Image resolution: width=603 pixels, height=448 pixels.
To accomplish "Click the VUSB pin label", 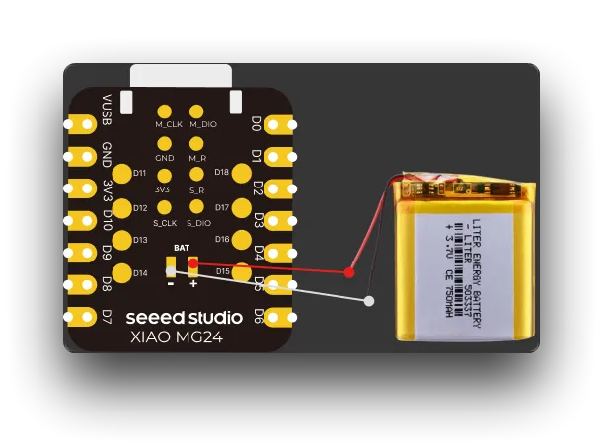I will pyautogui.click(x=107, y=109).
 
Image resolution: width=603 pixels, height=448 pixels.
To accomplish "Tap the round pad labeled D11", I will pyautogui.click(x=122, y=175).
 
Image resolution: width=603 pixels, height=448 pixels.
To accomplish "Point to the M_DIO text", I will pyautogui.click(x=202, y=125).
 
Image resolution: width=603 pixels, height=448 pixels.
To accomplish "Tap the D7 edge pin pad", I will pyautogui.click(x=73, y=317).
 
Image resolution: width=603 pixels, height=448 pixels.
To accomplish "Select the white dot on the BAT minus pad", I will pyautogui.click(x=171, y=268).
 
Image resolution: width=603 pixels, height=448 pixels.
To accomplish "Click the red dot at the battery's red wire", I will pyautogui.click(x=349, y=271).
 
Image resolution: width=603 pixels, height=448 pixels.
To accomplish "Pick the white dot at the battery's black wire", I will pyautogui.click(x=368, y=300).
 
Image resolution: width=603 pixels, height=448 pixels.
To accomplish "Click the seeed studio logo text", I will pyautogui.click(x=185, y=318).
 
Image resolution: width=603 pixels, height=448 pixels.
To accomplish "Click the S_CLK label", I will pyautogui.click(x=165, y=223).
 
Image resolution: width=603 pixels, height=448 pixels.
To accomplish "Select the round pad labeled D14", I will pyautogui.click(x=122, y=272).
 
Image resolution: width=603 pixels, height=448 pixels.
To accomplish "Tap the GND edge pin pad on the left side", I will pyautogui.click(x=73, y=157).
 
